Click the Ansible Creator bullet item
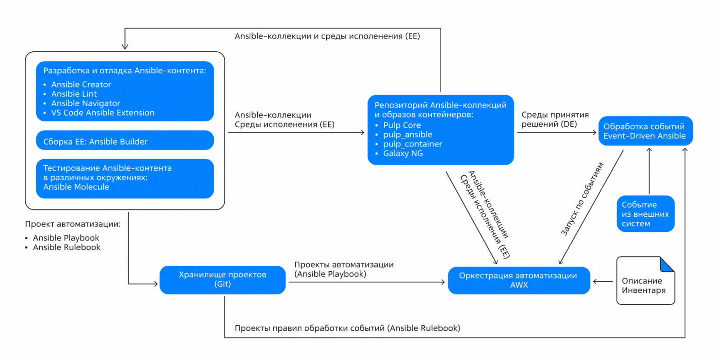tap(81, 85)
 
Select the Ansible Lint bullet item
tap(74, 94)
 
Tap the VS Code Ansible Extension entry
tap(103, 113)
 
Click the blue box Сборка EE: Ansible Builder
tap(124, 141)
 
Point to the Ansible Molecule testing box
tap(124, 178)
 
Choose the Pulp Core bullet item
tap(402, 125)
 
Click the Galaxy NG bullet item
tap(403, 154)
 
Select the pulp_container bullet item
tap(412, 144)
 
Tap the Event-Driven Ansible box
tap(645, 131)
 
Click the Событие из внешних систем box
tap(645, 214)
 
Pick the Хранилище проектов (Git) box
tap(222, 279)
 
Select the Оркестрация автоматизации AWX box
tap(519, 280)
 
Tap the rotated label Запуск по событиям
tap(582, 199)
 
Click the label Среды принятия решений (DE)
tap(555, 119)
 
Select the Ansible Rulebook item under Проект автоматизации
tap(66, 247)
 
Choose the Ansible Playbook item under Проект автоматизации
tap(66, 238)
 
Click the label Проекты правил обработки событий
tap(347, 328)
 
